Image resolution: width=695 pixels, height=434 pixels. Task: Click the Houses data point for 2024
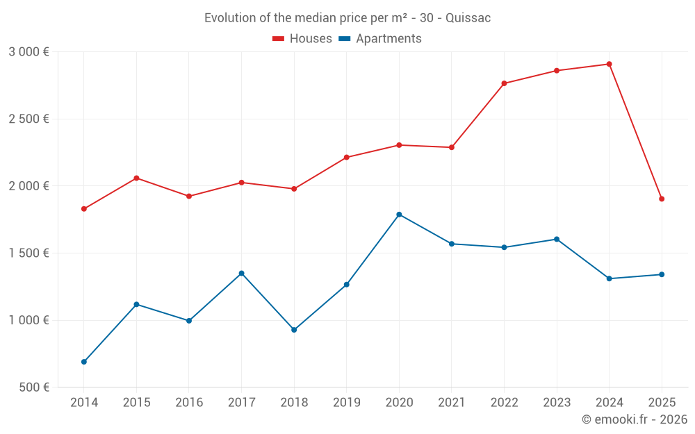tap(610, 64)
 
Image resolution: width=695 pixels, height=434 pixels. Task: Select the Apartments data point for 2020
tap(399, 215)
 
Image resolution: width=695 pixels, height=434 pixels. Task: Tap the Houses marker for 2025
tap(662, 199)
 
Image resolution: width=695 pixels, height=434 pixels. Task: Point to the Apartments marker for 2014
tap(84, 362)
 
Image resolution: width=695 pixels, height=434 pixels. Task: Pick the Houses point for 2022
tap(505, 83)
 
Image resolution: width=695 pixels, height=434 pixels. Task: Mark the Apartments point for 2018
tap(294, 330)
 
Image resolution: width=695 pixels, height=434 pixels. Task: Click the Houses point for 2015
tap(136, 178)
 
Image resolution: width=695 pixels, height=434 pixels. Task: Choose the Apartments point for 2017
tap(241, 273)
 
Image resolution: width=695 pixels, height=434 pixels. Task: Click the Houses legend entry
tap(302, 39)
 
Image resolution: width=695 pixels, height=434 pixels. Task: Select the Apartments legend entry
tap(380, 39)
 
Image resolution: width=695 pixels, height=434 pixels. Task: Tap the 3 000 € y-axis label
tap(28, 52)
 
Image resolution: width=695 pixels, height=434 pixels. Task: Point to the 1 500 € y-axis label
tap(28, 253)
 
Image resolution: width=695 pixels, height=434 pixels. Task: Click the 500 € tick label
tap(33, 387)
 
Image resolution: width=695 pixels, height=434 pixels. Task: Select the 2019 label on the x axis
tap(346, 403)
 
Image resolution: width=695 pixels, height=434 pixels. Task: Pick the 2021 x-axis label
tap(452, 403)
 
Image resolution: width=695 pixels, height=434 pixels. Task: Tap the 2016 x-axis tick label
tap(189, 403)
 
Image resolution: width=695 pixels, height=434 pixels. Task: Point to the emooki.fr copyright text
tap(635, 419)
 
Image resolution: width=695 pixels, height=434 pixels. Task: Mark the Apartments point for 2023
tap(557, 240)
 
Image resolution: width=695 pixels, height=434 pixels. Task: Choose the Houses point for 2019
tap(346, 158)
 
